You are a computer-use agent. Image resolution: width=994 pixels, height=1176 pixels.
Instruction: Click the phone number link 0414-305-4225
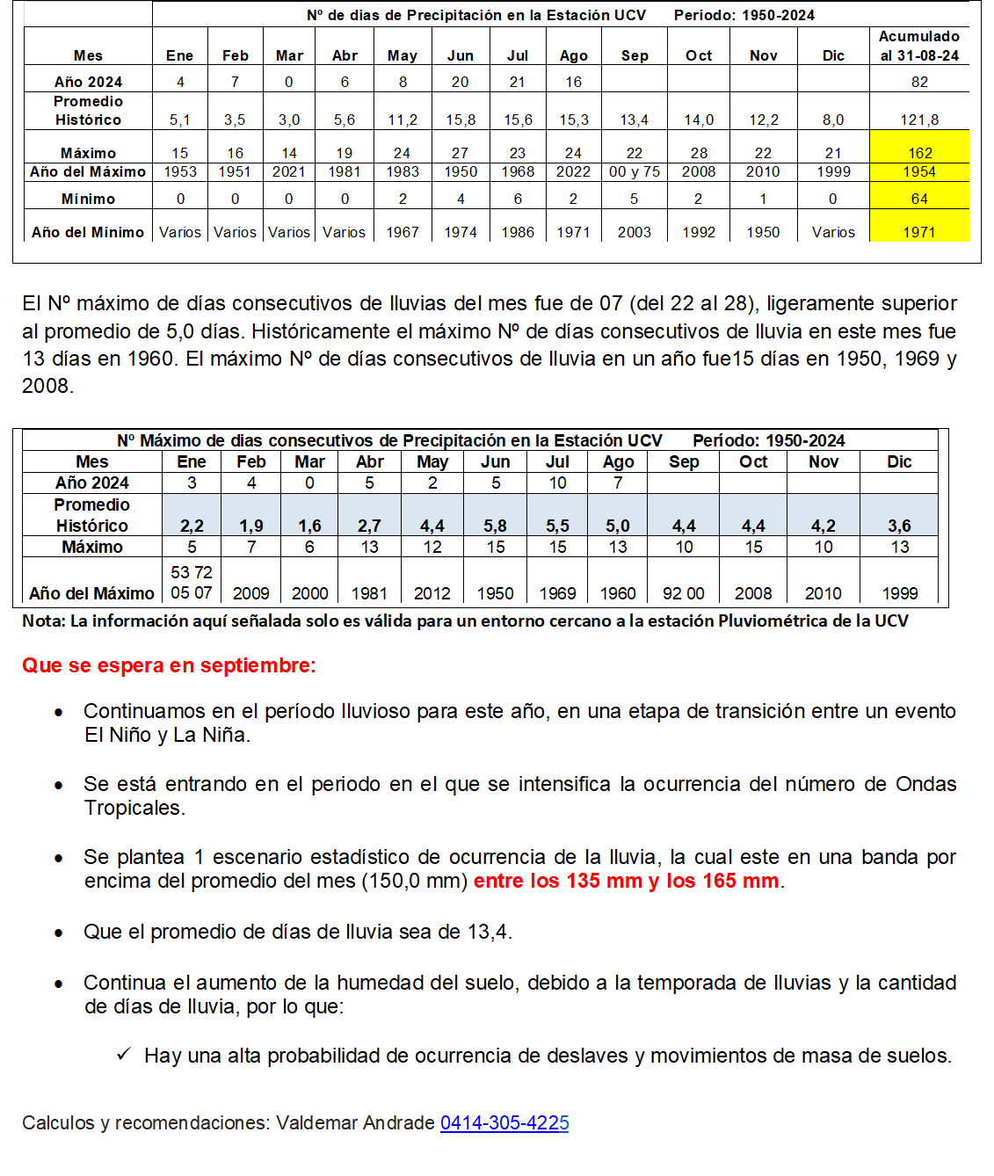[x=504, y=1122]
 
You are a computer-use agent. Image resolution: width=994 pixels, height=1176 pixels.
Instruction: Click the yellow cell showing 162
[x=919, y=153]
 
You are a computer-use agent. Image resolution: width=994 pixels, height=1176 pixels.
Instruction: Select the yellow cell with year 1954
[x=919, y=171]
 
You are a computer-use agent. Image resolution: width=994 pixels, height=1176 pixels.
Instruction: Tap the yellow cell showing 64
[x=919, y=199]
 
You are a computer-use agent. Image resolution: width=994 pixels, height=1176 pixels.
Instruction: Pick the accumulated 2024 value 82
[x=919, y=82]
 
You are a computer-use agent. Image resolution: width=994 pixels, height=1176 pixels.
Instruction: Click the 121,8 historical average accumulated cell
[x=919, y=120]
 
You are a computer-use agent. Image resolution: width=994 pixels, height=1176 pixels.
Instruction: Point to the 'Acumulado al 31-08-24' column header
[x=919, y=46]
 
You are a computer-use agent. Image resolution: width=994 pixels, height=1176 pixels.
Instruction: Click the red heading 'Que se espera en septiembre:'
[x=169, y=665]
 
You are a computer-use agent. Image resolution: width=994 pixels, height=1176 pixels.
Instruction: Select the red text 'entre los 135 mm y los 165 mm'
[x=626, y=881]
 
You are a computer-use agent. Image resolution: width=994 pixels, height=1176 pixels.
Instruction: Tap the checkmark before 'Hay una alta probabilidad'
[x=124, y=1054]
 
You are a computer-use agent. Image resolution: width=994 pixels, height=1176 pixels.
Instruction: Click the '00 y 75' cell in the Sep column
[x=634, y=171]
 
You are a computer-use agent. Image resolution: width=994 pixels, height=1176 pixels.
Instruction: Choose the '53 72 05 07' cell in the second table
[x=192, y=582]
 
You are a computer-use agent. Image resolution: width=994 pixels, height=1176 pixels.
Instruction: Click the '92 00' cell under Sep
[x=683, y=593]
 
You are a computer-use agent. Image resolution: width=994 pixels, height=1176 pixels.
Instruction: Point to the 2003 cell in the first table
[x=634, y=232]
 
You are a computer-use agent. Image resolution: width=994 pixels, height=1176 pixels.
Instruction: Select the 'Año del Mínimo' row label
[x=88, y=232]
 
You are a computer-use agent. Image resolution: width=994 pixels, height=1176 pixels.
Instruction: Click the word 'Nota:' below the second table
[x=43, y=621]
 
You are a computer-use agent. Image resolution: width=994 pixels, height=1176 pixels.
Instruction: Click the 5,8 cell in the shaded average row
[x=495, y=526]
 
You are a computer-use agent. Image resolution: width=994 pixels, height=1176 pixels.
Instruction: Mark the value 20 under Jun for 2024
[x=460, y=82]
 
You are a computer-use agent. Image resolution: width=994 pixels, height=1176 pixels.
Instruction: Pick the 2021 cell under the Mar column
[x=288, y=171]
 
